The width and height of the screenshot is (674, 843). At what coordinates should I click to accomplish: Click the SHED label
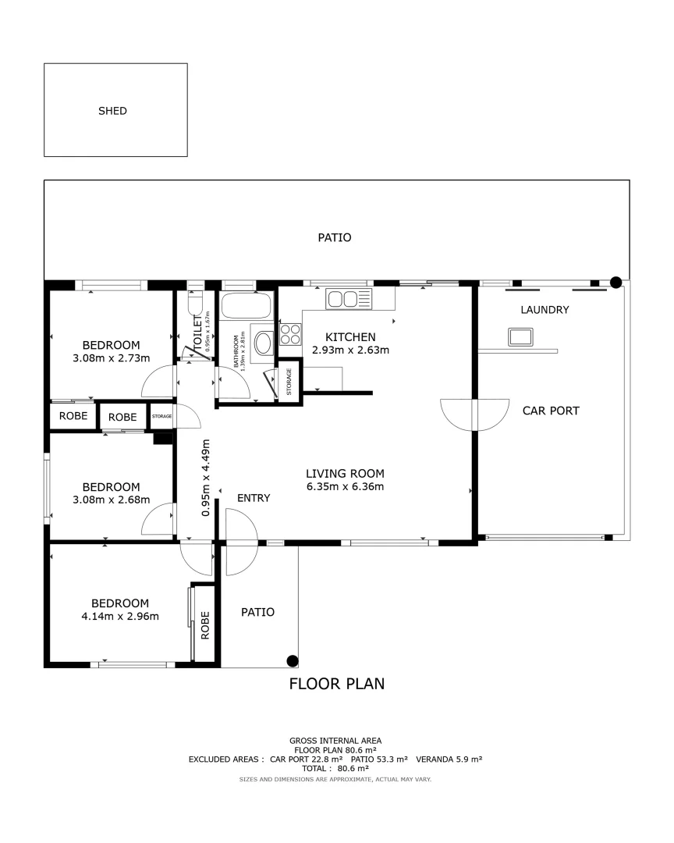[112, 111]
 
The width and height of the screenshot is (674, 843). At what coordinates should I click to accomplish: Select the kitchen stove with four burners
[290, 334]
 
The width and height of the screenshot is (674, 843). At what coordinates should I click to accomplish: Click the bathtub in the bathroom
[246, 305]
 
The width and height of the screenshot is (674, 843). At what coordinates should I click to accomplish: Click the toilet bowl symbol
[195, 303]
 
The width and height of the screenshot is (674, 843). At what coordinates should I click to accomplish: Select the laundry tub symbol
[520, 337]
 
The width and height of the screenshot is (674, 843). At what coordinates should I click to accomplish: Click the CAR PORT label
[551, 411]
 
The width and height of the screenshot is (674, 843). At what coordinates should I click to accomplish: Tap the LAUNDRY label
[545, 310]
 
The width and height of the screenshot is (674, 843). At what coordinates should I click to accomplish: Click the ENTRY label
[254, 498]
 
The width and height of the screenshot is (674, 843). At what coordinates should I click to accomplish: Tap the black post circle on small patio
[293, 660]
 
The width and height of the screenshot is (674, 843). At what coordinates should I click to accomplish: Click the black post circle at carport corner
[615, 283]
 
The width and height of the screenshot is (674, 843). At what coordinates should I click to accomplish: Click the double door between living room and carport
[474, 414]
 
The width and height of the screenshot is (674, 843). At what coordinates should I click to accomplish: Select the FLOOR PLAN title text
[337, 685]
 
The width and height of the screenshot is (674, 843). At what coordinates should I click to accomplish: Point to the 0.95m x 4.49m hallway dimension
[206, 478]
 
